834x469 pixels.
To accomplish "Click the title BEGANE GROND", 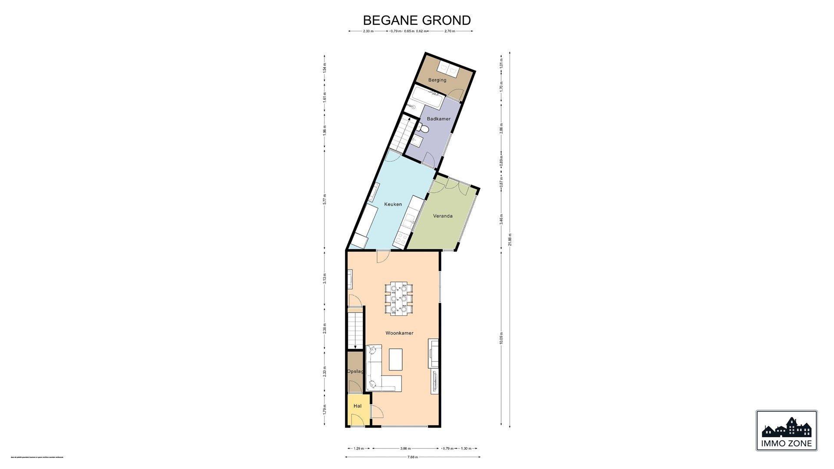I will [417, 20].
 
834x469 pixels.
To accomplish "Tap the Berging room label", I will [437, 80].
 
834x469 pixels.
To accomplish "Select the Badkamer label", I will [438, 119].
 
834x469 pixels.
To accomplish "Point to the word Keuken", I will [393, 204].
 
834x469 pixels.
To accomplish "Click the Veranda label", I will [443, 216].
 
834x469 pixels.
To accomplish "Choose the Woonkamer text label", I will [399, 333].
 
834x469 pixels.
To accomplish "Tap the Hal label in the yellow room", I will [357, 406].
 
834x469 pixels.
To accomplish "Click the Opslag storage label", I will [355, 372].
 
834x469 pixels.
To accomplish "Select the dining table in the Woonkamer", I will [398, 298].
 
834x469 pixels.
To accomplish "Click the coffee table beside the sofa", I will [395, 359].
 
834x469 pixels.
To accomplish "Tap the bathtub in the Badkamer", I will [427, 98].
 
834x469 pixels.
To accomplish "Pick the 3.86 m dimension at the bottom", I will [406, 449].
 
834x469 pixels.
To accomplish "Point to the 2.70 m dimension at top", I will [450, 31].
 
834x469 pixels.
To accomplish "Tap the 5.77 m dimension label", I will [325, 199].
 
